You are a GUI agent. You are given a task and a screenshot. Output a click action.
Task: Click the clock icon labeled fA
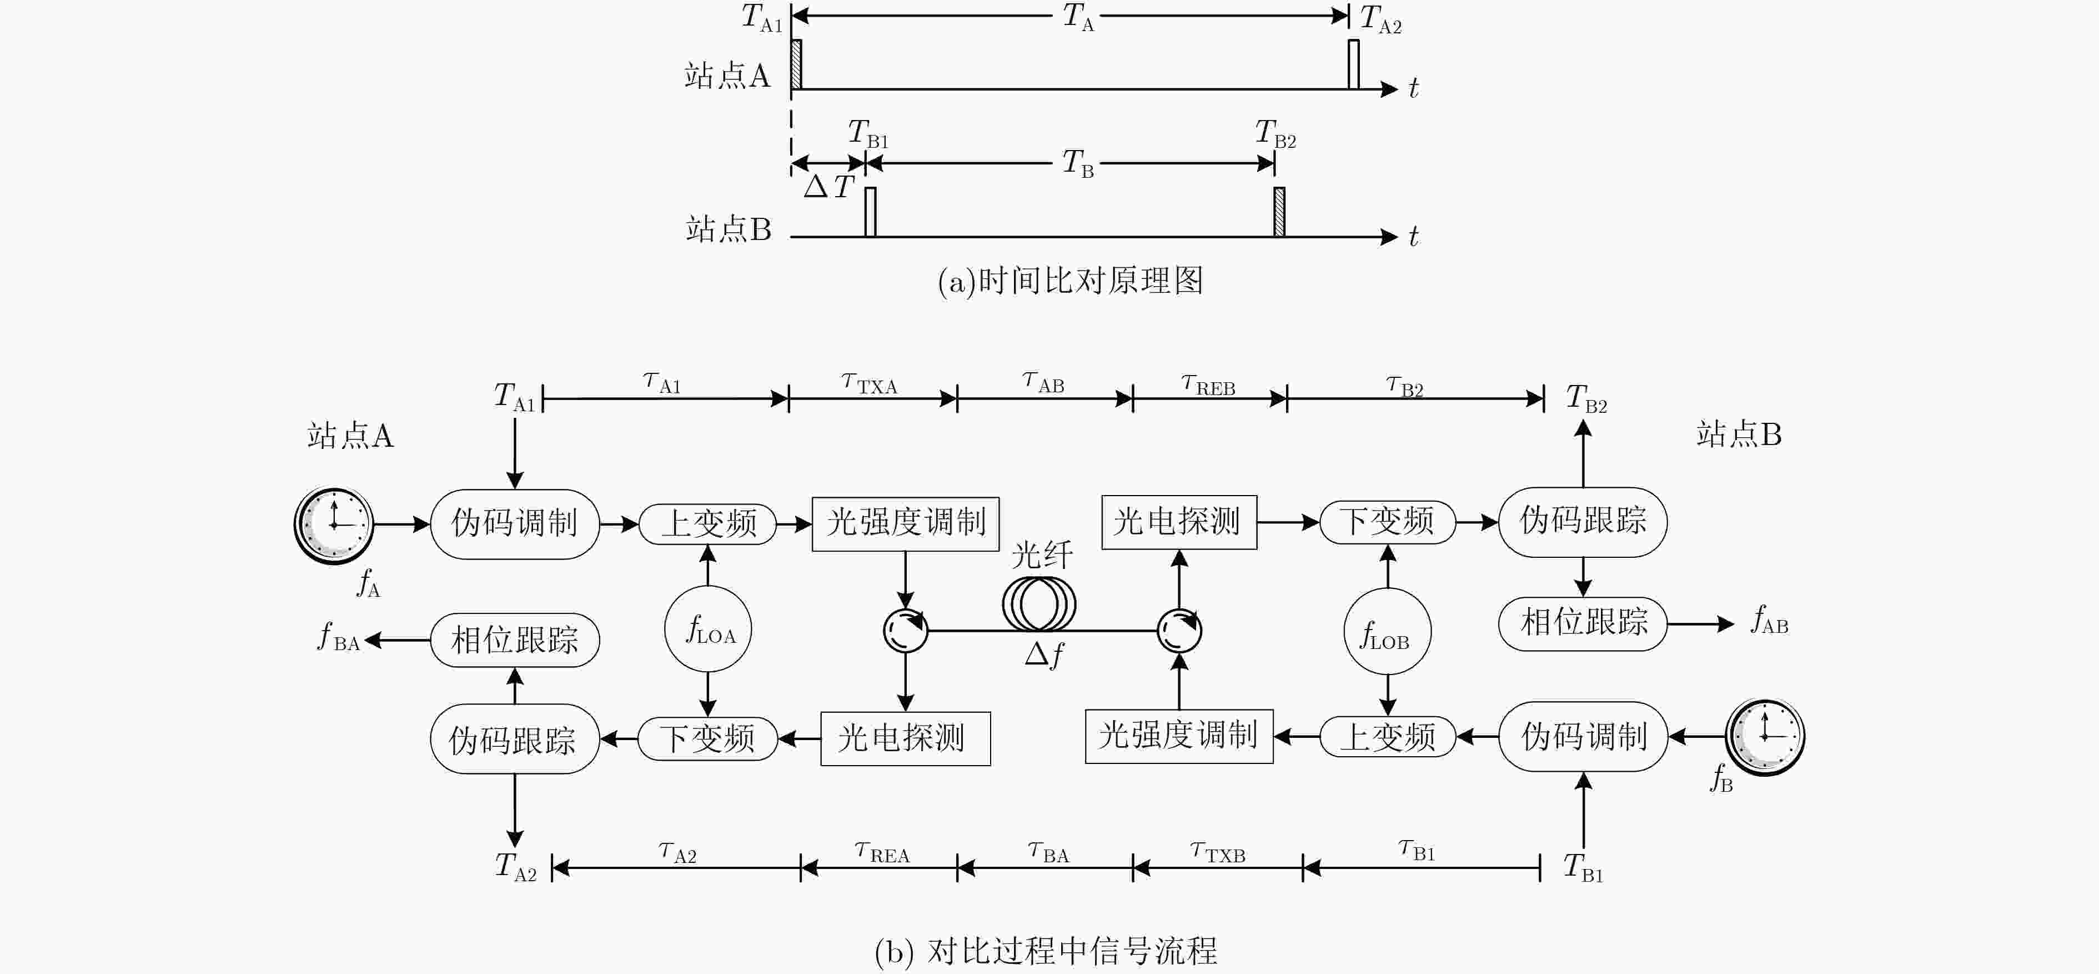(334, 526)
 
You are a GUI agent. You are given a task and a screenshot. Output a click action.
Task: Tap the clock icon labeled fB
(1765, 737)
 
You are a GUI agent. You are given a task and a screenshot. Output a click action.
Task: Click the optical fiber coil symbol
(1039, 604)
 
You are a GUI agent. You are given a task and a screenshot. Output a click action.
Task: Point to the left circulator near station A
(905, 630)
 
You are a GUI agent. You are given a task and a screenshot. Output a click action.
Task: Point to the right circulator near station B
(1179, 630)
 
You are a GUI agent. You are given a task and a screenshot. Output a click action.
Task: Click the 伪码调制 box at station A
(515, 524)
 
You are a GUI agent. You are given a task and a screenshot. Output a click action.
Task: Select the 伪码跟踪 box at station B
(1583, 522)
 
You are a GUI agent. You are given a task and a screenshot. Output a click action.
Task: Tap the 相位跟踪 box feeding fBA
(515, 641)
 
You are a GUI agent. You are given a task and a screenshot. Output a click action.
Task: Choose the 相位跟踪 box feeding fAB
(1583, 623)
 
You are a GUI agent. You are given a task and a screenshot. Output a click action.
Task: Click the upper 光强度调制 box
(905, 524)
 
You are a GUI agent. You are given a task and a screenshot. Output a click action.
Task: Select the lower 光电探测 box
(905, 738)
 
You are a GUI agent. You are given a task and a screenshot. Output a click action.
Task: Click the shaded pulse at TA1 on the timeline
(796, 63)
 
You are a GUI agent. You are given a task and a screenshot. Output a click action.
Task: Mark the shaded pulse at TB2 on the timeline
(1279, 212)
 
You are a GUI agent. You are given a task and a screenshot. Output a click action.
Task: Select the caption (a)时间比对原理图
(1070, 281)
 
